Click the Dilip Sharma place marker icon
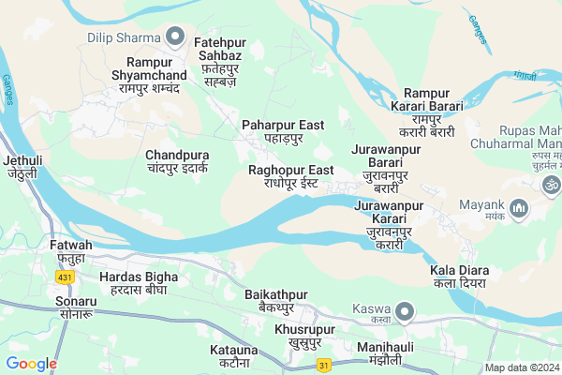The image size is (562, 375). click(174, 37)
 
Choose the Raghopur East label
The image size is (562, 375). click(291, 176)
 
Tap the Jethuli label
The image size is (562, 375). click(23, 167)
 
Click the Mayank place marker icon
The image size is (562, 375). click(522, 205)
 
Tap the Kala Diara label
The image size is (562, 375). click(460, 277)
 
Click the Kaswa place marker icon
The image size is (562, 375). click(405, 309)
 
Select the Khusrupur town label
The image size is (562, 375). click(304, 337)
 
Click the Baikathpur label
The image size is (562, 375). click(276, 301)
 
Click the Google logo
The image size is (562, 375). click(31, 364)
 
